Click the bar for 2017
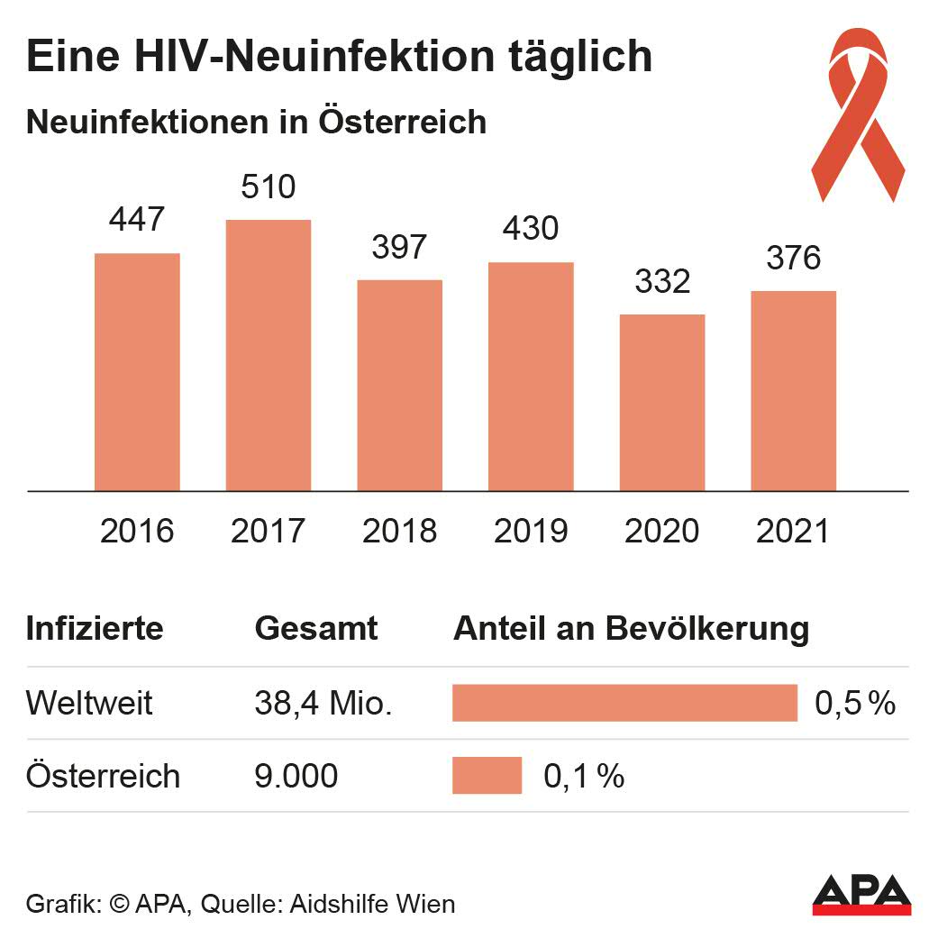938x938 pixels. [268, 355]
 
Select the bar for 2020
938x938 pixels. [662, 402]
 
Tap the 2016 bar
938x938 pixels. [137, 371]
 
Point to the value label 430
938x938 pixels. [531, 228]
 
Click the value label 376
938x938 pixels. [793, 258]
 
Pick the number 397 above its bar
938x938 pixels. [399, 247]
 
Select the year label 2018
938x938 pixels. [399, 531]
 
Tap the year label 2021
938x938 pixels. [793, 531]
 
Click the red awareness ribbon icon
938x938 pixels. [857, 113]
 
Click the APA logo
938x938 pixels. [861, 893]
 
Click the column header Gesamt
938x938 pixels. [316, 628]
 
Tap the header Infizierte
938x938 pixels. [95, 628]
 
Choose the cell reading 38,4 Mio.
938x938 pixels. [323, 703]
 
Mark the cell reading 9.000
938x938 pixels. [296, 776]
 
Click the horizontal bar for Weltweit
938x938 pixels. [624, 703]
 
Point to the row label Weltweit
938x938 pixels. [90, 703]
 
